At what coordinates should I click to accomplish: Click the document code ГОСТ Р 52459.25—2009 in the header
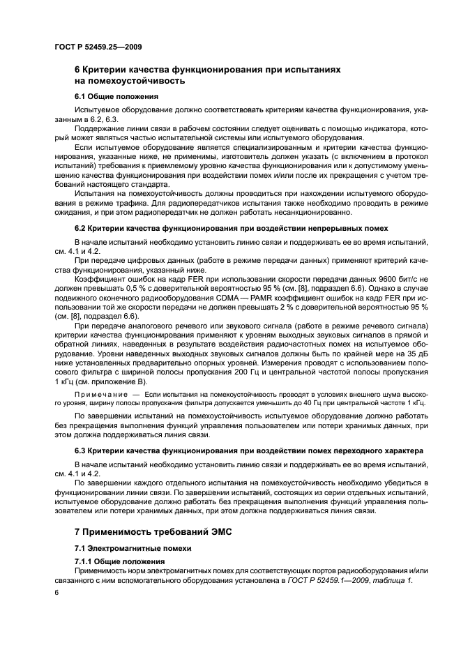(93, 46)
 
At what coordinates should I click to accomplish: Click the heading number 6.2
(81, 228)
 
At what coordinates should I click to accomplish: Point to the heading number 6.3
(81, 450)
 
